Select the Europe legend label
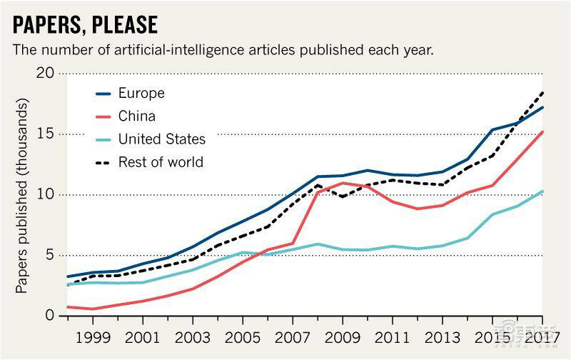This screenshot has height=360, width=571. [x=141, y=94]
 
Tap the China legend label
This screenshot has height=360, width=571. [x=137, y=116]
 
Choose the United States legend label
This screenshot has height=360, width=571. [x=162, y=139]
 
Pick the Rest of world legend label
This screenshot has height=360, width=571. [x=161, y=162]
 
